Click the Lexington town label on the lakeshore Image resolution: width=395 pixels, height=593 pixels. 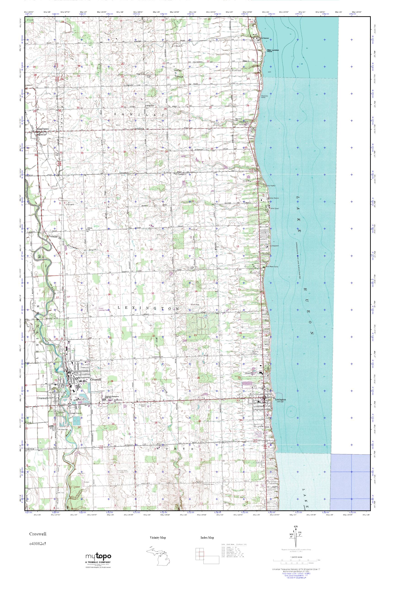(280, 400)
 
